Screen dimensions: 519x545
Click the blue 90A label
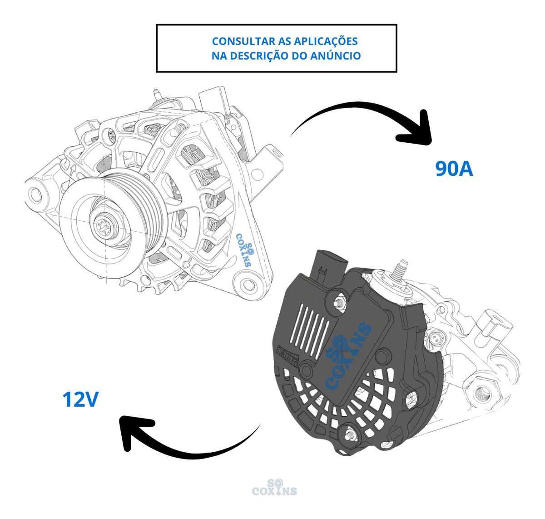(454, 169)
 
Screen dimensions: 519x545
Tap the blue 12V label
(80, 399)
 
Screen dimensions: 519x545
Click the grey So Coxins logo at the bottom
(274, 487)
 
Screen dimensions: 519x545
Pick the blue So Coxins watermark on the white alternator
(245, 249)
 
